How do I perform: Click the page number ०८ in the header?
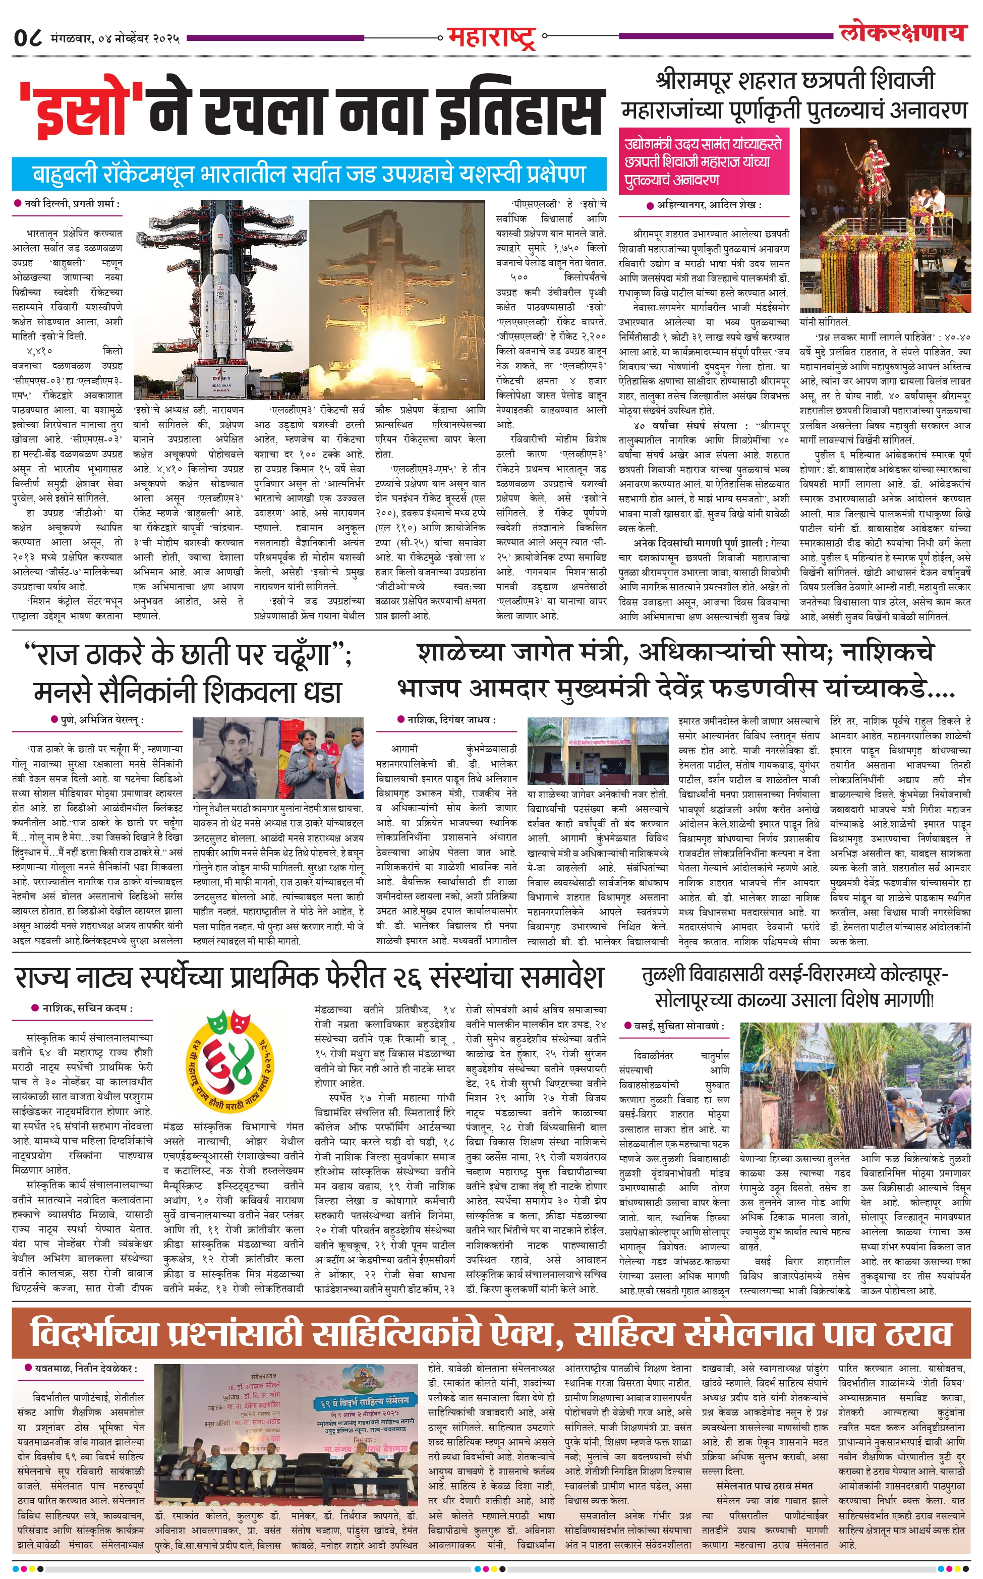pyautogui.click(x=29, y=38)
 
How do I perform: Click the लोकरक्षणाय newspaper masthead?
pyautogui.click(x=902, y=32)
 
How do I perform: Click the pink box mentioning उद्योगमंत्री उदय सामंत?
pyautogui.click(x=704, y=161)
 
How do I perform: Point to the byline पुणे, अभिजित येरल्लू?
pyautogui.click(x=102, y=719)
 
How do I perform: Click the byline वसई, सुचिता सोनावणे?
pyautogui.click(x=676, y=1026)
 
